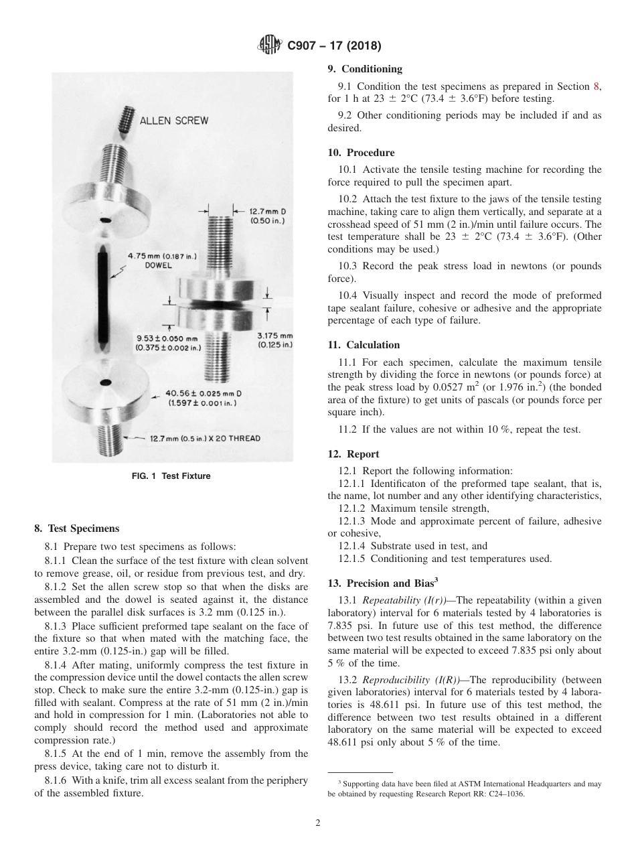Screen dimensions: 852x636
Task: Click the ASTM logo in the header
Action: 269,46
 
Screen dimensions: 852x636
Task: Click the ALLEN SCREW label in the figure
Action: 173,121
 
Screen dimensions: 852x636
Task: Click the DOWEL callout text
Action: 158,265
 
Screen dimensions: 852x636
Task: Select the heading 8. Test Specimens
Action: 77,528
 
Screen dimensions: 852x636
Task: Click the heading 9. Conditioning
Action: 365,69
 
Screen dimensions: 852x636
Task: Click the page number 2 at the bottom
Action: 317,823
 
